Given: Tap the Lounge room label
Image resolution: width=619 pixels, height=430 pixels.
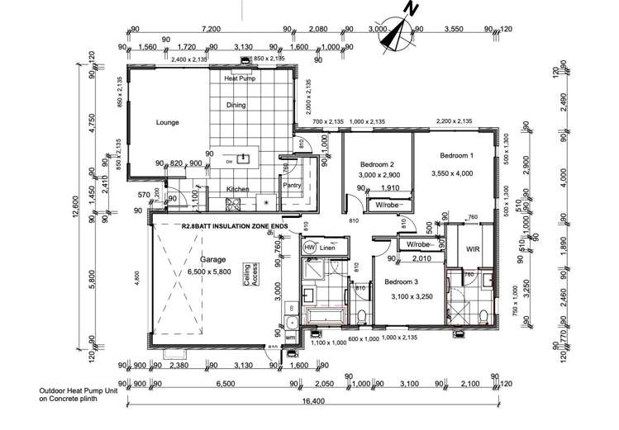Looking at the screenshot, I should pyautogui.click(x=168, y=123).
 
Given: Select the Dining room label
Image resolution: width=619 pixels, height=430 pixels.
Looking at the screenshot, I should pyautogui.click(x=237, y=105).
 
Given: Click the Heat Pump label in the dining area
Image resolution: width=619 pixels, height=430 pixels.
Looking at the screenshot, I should pyautogui.click(x=240, y=78).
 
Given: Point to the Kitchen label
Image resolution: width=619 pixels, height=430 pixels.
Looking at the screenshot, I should pyautogui.click(x=238, y=189).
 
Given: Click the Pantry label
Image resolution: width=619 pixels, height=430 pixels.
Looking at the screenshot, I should pyautogui.click(x=292, y=186).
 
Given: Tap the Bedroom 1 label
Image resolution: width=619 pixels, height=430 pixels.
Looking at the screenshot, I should pyautogui.click(x=456, y=156).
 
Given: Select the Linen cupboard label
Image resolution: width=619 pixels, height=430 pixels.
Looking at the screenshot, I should pyautogui.click(x=327, y=248).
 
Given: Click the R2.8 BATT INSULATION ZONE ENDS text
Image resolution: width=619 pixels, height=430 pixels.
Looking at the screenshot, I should pyautogui.click(x=234, y=224).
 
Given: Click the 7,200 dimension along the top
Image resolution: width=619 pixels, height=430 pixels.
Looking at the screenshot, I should pyautogui.click(x=210, y=29).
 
